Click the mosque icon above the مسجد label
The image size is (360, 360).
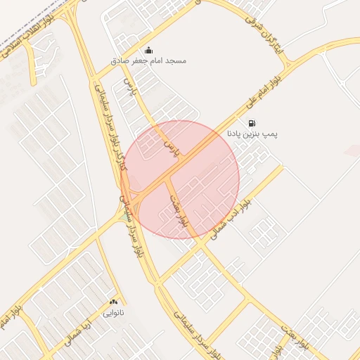[148, 50]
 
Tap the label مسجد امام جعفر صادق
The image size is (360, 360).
[148, 61]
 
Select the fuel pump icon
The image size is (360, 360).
[252, 122]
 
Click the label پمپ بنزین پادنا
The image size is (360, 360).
[252, 133]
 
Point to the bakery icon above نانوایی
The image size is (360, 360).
[114, 301]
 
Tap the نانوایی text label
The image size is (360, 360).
[114, 311]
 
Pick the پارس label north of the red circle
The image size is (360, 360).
[128, 87]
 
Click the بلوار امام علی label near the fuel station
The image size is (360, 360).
[262, 94]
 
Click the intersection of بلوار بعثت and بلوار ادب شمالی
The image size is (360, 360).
[198, 245]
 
